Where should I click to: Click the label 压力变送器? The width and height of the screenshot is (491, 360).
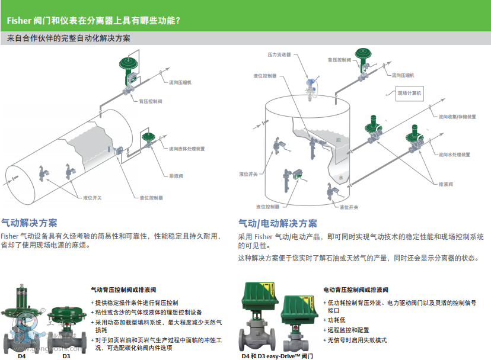click(x=279, y=54)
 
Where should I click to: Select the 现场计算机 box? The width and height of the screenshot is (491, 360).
click(x=409, y=93)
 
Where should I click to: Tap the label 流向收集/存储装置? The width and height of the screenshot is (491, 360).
click(x=458, y=117)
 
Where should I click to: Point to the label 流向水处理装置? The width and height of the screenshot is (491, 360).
click(x=454, y=155)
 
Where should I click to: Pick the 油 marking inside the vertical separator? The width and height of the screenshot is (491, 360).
click(x=338, y=140)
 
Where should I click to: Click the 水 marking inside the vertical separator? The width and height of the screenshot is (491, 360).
click(x=340, y=178)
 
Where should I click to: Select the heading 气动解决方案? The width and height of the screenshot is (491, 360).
click(x=29, y=223)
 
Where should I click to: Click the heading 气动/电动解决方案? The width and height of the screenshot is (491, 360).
click(x=278, y=223)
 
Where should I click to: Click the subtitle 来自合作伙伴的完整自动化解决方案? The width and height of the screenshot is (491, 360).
click(x=69, y=38)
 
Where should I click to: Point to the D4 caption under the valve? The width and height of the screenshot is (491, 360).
click(x=22, y=356)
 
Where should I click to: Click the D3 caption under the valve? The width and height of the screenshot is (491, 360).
click(x=66, y=356)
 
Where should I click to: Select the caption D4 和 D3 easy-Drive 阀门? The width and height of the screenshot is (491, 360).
click(x=277, y=356)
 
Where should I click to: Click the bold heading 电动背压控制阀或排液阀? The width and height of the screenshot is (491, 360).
click(x=356, y=290)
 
